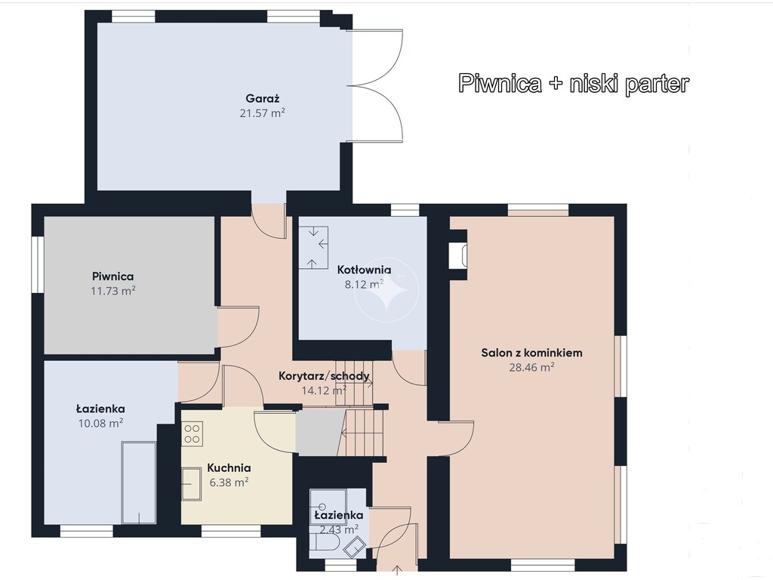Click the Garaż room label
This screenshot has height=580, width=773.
[x=263, y=98]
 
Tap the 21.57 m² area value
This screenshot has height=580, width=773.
[x=263, y=113]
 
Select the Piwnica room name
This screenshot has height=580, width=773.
[x=113, y=276]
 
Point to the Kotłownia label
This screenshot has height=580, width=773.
[x=365, y=270]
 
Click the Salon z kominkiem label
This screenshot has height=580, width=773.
[x=532, y=353]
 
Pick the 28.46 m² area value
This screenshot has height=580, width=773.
[x=532, y=367]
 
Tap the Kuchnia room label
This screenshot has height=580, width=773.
[x=229, y=467]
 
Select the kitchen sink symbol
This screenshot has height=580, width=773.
[x=191, y=484]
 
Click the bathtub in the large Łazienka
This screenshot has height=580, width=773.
[x=139, y=483]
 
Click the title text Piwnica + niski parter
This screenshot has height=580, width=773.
[x=574, y=83]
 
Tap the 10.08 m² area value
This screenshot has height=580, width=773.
[x=100, y=423]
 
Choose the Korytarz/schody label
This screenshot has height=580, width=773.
[x=324, y=376]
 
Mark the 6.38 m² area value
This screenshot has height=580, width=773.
[x=229, y=483]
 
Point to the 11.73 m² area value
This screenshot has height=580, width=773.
[x=113, y=291]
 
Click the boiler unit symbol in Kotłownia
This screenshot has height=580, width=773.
[x=313, y=248]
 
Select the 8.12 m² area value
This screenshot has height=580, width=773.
[x=365, y=285]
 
